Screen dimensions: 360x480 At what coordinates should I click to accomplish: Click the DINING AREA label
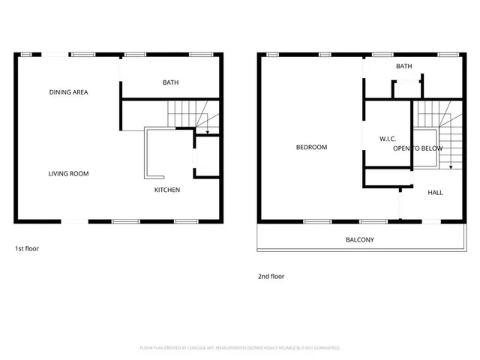(69, 92)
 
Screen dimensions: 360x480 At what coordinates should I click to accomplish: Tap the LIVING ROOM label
(68, 174)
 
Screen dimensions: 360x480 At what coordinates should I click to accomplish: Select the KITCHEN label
(167, 190)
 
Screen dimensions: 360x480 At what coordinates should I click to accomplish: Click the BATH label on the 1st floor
(170, 82)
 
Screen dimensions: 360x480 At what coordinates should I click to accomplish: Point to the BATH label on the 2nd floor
(404, 66)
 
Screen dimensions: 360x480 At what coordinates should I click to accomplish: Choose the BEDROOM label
(311, 147)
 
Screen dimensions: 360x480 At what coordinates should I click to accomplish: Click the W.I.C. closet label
(388, 138)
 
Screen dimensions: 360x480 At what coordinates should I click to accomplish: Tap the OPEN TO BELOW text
(418, 148)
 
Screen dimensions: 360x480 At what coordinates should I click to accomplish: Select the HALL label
(435, 193)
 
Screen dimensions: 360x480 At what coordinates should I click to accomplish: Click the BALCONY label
(359, 240)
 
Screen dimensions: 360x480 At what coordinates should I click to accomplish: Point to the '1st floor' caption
(27, 248)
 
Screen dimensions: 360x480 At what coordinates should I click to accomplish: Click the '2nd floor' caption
(271, 276)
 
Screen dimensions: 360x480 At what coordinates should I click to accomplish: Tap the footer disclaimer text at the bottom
(240, 348)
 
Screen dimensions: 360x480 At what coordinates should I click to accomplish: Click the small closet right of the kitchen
(206, 156)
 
